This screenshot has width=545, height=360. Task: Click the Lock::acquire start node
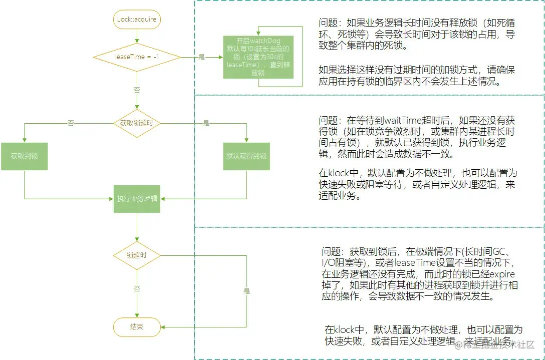point(136,20)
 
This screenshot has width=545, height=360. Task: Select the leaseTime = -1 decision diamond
point(137,57)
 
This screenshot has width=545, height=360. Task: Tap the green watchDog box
point(258,57)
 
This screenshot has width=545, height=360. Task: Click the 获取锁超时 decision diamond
point(137,123)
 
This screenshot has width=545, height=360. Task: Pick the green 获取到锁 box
point(24,156)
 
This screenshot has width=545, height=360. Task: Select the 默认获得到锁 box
point(246,156)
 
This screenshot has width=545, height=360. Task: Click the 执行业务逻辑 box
point(137,198)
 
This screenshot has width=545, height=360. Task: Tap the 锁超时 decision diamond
point(137,255)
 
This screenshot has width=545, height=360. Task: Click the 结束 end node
point(137,327)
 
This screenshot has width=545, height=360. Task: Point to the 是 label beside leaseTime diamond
point(202,57)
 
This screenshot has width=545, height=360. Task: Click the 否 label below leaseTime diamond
point(137,90)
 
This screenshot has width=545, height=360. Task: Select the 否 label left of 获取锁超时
point(71,123)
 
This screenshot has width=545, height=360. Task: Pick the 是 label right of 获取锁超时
point(206,123)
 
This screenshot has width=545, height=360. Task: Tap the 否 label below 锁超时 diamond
point(137,289)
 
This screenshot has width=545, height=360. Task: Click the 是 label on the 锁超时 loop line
point(246,291)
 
